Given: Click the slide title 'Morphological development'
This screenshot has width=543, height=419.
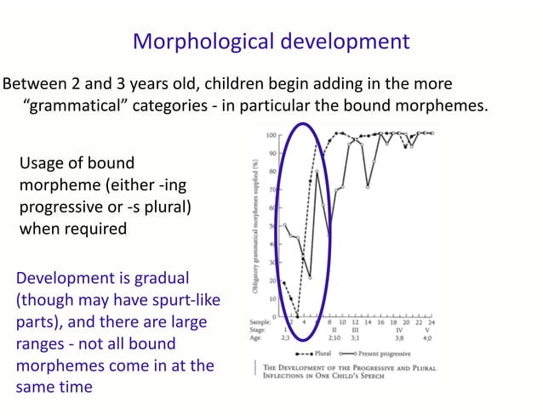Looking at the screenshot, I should click(271, 41).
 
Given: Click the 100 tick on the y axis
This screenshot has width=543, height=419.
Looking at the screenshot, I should click(271, 135).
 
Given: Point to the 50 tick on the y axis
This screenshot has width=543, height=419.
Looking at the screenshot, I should click(273, 226).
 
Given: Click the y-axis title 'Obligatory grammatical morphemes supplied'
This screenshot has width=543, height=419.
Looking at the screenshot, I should click(254, 226).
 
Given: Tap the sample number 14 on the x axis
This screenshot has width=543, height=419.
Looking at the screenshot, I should click(367, 324).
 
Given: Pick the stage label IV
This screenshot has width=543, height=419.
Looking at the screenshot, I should click(398, 331).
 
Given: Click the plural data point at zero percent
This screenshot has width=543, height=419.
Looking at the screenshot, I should click(297, 316).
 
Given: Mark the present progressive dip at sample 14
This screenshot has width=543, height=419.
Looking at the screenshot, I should click(367, 186).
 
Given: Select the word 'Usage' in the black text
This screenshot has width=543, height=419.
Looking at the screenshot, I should click(44, 161).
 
